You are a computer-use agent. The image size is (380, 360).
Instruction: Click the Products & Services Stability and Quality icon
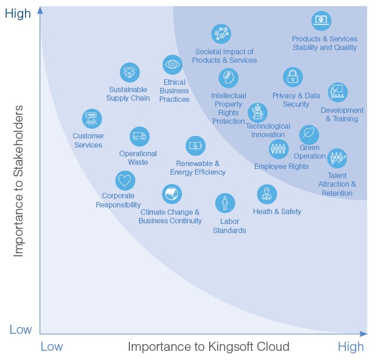tap(321, 21)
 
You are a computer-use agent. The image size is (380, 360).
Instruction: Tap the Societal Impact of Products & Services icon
tap(221, 34)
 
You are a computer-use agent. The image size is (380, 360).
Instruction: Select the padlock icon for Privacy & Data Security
tap(293, 77)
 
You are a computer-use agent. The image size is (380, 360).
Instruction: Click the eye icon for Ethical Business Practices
tap(173, 64)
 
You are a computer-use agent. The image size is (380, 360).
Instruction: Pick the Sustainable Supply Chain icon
tap(129, 73)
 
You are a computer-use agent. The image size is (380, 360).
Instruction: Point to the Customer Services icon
tap(92, 119)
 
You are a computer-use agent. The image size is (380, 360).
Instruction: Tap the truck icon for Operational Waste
tap(140, 136)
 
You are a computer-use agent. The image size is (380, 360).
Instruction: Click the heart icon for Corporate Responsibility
tap(125, 181)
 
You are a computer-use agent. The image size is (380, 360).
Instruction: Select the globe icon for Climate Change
tap(172, 194)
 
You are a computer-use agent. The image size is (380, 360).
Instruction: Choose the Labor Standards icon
tap(225, 203)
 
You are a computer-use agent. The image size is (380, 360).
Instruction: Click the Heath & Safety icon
tap(267, 195)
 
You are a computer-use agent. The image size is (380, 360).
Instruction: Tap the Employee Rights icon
tap(279, 149)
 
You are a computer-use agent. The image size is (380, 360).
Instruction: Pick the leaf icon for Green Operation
tap(309, 134)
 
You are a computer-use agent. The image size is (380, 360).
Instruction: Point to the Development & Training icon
tap(337, 93)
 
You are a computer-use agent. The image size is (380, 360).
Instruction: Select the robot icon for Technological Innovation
tap(258, 112)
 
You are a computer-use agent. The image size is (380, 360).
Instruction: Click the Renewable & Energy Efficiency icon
tap(196, 146)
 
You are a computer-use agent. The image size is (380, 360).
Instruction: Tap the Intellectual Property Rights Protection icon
tap(229, 78)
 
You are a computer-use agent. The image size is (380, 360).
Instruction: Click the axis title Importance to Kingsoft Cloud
tap(209, 347)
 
